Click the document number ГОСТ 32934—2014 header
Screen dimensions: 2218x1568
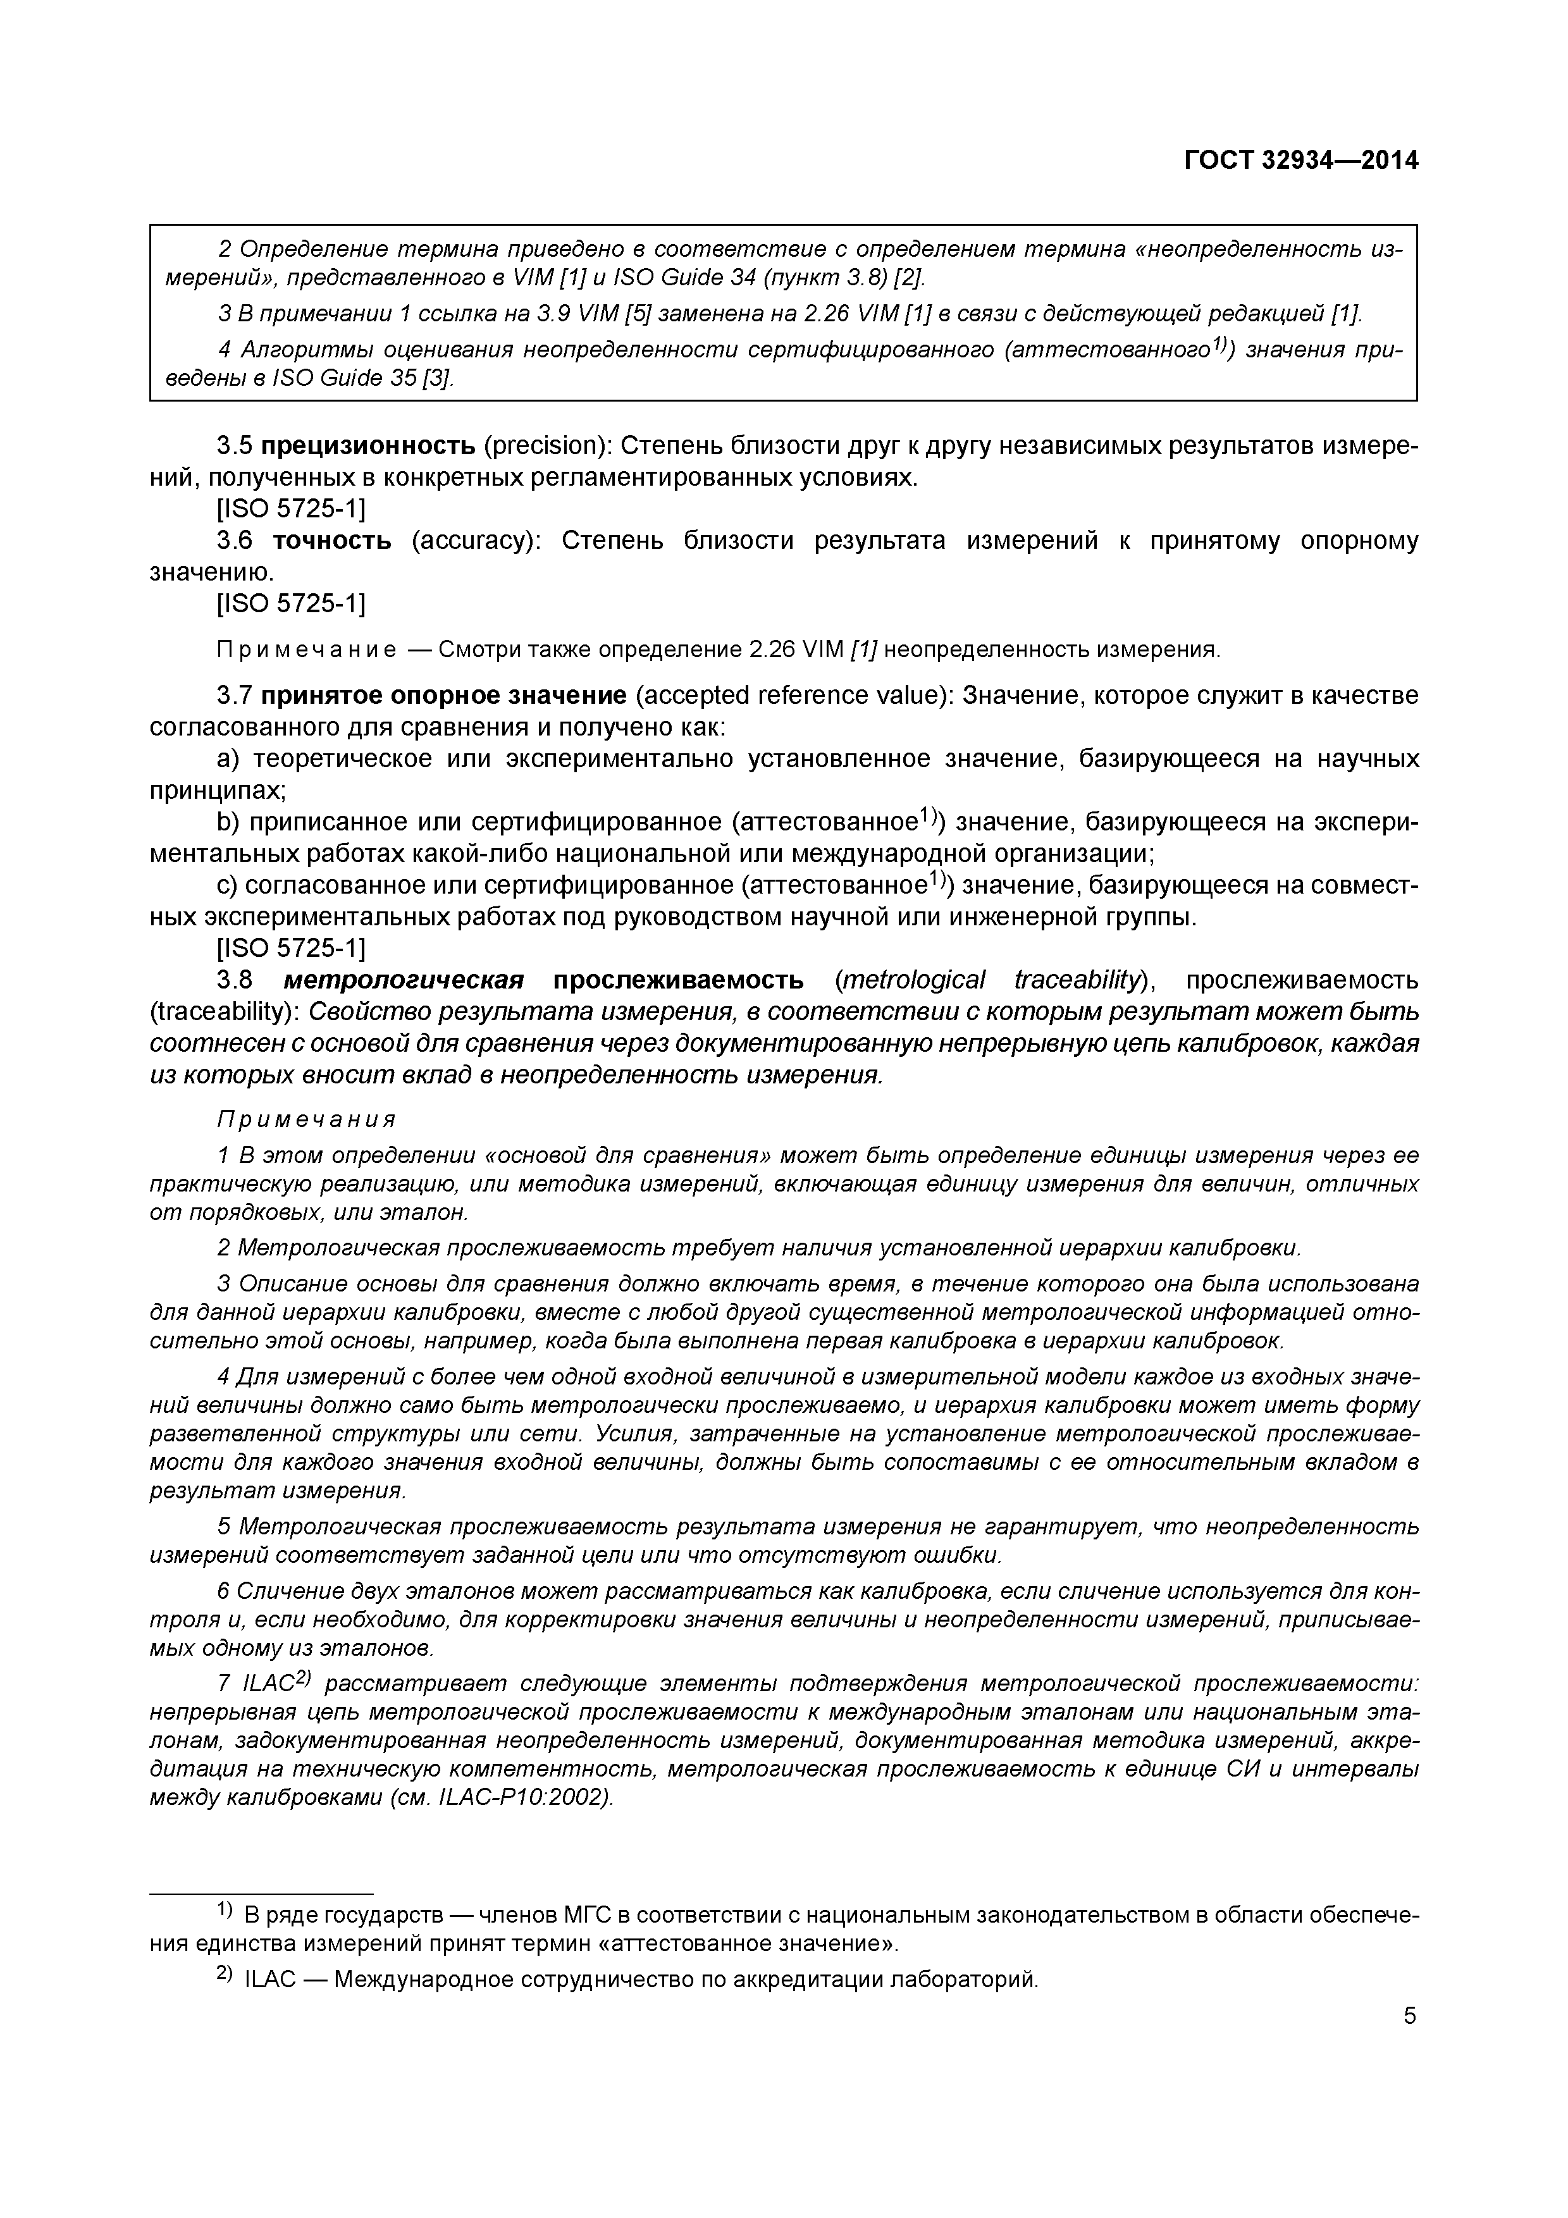[1301, 161]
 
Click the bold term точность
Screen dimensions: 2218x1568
[332, 540]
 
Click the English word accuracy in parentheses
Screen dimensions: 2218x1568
[472, 540]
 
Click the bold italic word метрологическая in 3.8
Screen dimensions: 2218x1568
[404, 980]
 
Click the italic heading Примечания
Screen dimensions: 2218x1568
[306, 1119]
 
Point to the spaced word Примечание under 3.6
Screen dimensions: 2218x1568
[306, 650]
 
